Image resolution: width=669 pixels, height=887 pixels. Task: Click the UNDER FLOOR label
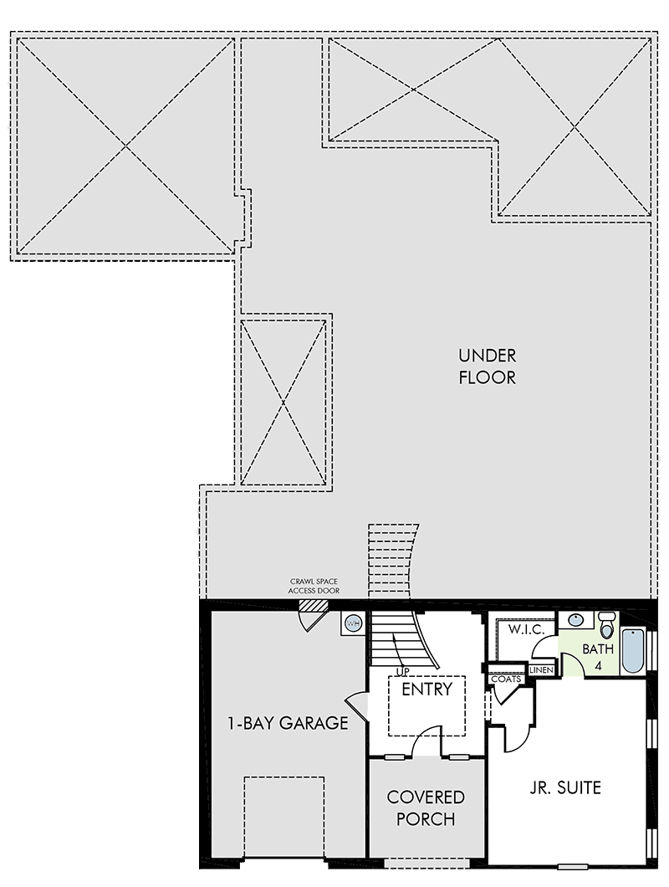487,367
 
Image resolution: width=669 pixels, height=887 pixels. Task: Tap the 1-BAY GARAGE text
288,723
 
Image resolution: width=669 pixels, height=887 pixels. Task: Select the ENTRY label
427,689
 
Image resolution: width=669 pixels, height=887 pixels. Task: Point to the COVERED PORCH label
426,808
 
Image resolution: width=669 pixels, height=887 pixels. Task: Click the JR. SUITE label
565,787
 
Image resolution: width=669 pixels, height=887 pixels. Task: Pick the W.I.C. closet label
526,629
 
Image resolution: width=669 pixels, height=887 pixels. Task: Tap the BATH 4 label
598,656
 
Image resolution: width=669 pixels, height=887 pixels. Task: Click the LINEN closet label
541,669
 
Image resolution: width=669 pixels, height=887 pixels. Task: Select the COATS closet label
506,679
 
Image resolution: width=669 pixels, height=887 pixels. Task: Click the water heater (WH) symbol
353,624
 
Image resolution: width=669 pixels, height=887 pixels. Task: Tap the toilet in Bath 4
606,624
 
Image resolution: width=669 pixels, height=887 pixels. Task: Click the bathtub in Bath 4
633,650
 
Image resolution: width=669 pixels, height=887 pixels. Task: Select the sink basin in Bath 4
575,619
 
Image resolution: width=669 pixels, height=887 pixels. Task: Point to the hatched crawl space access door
314,605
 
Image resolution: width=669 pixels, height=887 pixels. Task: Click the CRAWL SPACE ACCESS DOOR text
314,586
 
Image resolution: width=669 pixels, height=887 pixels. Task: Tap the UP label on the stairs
402,671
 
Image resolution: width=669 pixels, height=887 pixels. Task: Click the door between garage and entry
356,707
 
